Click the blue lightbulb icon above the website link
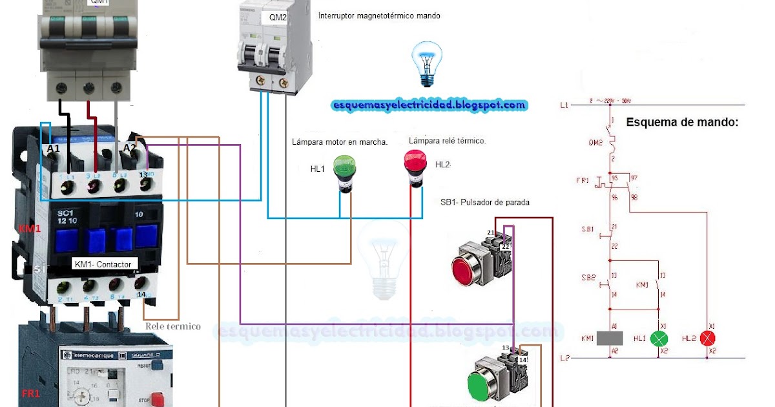(x=427, y=63)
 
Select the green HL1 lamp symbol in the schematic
(x=659, y=338)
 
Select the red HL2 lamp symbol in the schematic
(x=708, y=338)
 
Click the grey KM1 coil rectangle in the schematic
(x=610, y=338)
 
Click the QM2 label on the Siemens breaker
(x=277, y=17)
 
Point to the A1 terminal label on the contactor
(x=53, y=149)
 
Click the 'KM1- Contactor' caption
(x=103, y=264)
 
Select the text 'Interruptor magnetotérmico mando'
(x=379, y=16)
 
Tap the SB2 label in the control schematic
(x=588, y=277)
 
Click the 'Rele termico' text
(x=172, y=326)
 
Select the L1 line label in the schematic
(x=564, y=105)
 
